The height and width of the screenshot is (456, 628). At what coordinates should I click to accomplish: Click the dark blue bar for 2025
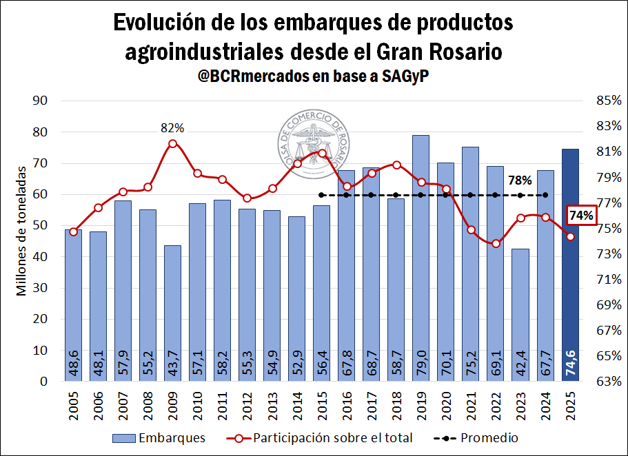(x=570, y=265)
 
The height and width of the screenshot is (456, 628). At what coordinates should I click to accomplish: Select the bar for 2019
(x=421, y=258)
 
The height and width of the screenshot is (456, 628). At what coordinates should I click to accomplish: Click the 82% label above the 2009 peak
(x=172, y=127)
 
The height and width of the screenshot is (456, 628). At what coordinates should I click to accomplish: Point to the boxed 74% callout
(x=581, y=216)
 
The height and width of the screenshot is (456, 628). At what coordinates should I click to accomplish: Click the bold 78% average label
(x=520, y=180)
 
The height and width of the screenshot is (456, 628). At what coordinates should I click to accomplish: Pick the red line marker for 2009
(x=172, y=143)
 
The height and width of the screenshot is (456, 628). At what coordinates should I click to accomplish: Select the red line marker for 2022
(x=496, y=243)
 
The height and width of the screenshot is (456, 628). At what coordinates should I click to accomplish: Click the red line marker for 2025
(x=570, y=236)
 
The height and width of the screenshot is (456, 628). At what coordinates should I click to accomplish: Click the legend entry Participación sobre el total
(x=321, y=437)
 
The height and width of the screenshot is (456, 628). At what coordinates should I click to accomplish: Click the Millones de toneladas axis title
(x=21, y=231)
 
